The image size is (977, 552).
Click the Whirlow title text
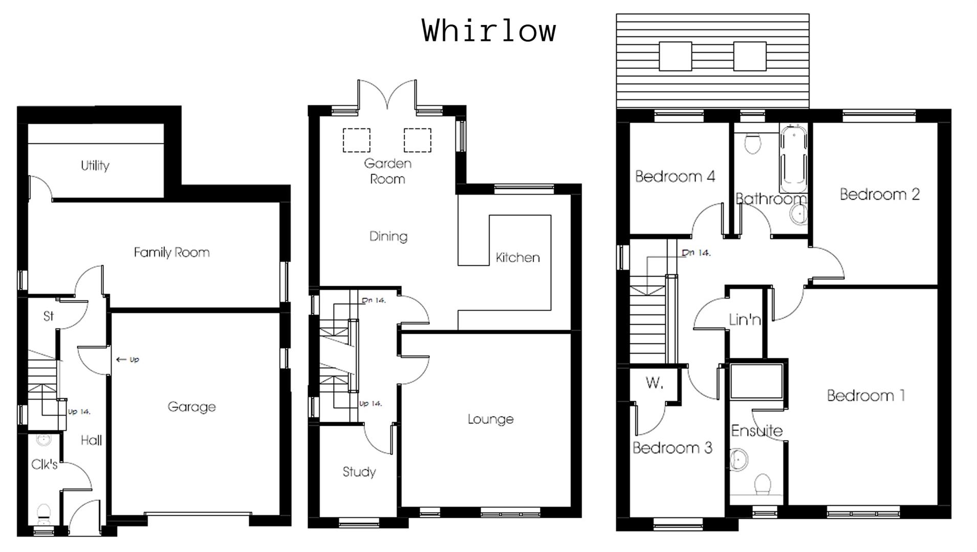(x=489, y=31)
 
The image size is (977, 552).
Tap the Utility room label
(x=95, y=166)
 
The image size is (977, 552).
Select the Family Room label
(x=171, y=252)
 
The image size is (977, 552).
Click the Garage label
(x=191, y=407)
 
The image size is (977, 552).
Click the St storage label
(x=48, y=316)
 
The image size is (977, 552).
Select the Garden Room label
(x=387, y=171)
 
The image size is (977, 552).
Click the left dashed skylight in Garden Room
(x=356, y=140)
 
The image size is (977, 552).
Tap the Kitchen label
(x=517, y=258)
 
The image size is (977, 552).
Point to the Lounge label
(x=490, y=419)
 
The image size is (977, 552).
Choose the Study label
(x=359, y=472)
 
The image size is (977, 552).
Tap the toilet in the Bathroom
(x=752, y=144)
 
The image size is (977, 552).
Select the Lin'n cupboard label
(x=745, y=320)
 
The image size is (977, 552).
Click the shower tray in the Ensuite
(x=756, y=381)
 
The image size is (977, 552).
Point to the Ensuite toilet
(x=763, y=484)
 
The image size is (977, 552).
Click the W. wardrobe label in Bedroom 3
(x=654, y=383)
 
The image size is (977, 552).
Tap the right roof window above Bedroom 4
(x=750, y=56)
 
